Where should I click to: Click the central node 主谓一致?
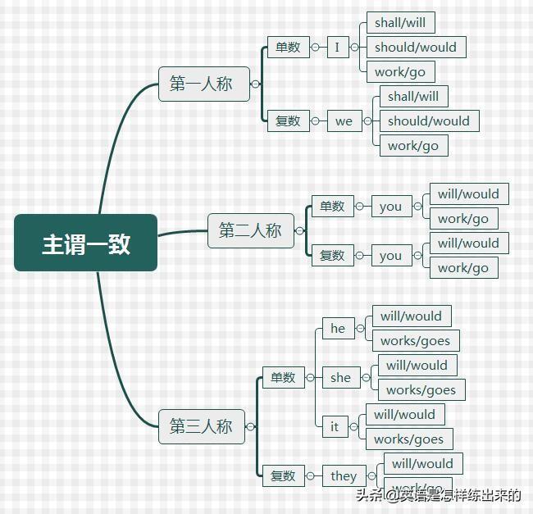[x=85, y=243]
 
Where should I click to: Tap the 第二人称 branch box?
[x=250, y=230]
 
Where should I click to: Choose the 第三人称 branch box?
[x=202, y=426]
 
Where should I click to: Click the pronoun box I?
[x=337, y=47]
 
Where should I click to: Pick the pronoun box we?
[x=344, y=121]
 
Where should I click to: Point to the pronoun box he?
[x=338, y=328]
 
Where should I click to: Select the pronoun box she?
[x=340, y=377]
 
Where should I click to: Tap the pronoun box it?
[x=335, y=426]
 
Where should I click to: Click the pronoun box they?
[x=344, y=475]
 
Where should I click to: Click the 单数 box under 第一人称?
[x=287, y=47]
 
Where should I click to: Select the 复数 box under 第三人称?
[x=283, y=475]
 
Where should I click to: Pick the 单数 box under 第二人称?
[x=331, y=207]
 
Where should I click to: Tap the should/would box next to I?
[x=416, y=47]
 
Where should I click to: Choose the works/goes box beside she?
[x=421, y=390]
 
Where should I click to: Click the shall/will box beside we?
[x=413, y=97]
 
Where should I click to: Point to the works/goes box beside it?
[x=408, y=439]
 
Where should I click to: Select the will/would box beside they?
[x=422, y=464]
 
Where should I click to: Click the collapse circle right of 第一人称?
[x=256, y=84]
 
